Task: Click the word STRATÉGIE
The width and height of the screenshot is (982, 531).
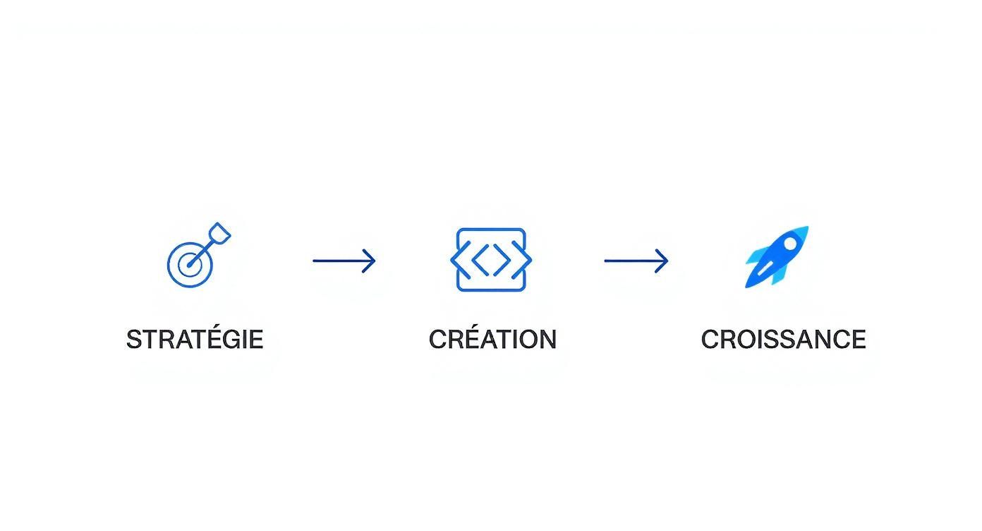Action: [x=195, y=340]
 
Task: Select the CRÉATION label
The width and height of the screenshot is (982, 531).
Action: [x=492, y=340]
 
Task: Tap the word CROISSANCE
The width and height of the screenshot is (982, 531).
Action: [x=783, y=340]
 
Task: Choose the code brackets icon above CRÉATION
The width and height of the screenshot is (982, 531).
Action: [x=491, y=259]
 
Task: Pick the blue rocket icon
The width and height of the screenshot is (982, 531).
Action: [x=777, y=257]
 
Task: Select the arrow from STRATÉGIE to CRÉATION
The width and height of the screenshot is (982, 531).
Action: [x=344, y=261]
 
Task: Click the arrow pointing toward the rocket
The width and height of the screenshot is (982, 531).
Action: [x=636, y=261]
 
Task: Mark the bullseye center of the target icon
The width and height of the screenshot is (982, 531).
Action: [x=188, y=265]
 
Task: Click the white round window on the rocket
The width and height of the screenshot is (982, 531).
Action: [x=791, y=243]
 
